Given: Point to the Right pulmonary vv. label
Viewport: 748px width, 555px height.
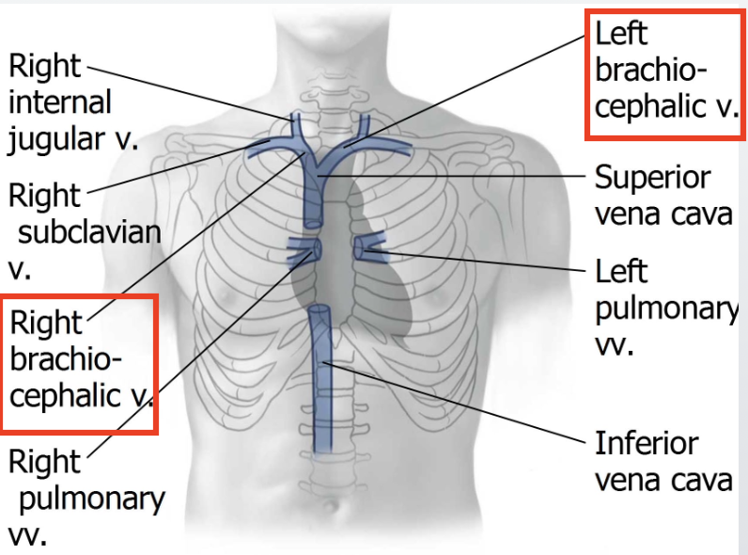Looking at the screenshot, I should pos(85,497).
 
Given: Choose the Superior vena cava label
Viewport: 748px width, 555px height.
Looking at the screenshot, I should pos(662,196).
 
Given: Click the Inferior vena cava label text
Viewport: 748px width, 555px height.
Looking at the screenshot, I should pos(662,461).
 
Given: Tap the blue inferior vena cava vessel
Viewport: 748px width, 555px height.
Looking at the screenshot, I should pos(321,395).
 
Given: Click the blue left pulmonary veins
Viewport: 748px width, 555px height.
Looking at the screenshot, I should pos(369,248).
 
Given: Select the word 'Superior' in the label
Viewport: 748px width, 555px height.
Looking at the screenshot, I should pos(652,178).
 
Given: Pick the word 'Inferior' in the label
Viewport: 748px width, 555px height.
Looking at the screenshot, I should pos(647,443).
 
